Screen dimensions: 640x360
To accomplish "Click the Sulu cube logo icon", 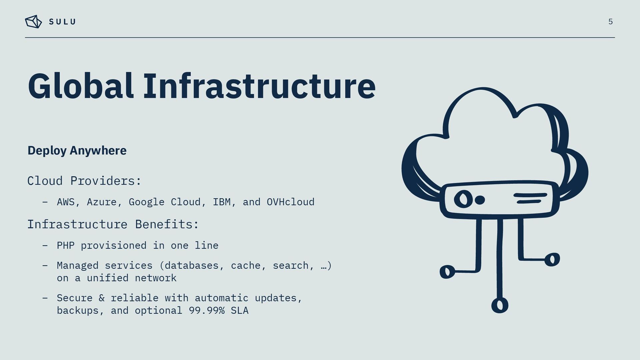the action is (33, 22).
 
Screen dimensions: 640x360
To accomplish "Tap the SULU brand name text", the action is (62, 22).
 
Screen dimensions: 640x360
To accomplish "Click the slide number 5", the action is (610, 22).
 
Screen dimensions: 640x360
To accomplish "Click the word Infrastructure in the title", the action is (259, 86).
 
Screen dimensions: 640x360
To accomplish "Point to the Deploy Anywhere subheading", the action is (77, 150).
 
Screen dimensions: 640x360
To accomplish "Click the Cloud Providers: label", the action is (84, 181).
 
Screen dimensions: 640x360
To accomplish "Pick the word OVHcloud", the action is (290, 202).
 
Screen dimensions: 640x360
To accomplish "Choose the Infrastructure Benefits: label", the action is (113, 224).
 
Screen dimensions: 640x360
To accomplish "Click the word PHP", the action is (66, 246).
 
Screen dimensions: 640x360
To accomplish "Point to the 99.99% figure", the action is (207, 311).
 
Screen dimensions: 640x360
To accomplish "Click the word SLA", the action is (240, 311).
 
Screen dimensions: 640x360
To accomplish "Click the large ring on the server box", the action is (463, 199).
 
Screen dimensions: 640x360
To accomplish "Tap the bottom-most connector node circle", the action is (500, 305).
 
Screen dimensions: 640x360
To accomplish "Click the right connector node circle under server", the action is (552, 259).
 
